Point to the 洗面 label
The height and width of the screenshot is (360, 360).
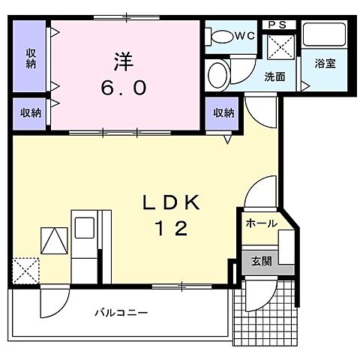point(274,76)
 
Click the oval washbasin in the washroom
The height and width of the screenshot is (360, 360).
point(218,75)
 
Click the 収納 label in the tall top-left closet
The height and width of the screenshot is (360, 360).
point(31,57)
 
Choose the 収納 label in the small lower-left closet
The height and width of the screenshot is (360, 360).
point(31,112)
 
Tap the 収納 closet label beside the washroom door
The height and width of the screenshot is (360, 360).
point(223,112)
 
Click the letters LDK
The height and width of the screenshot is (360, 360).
point(172,202)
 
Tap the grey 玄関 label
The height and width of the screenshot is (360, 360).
point(262,261)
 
